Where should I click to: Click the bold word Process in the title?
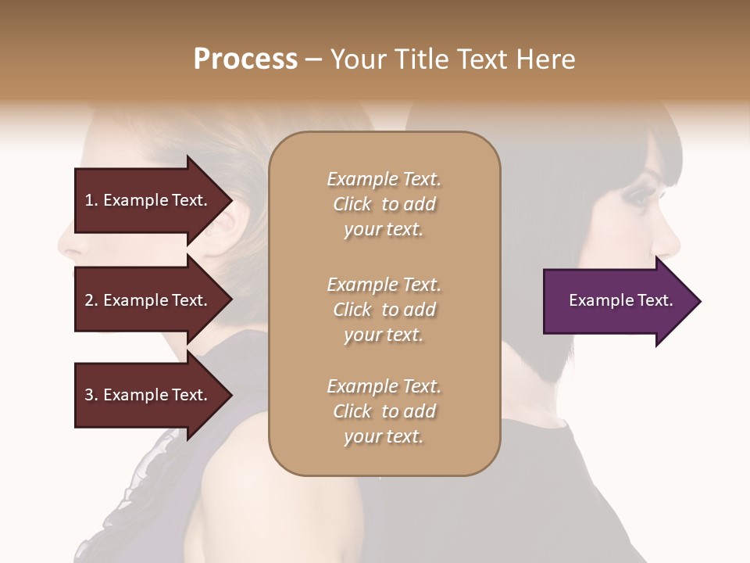tap(245, 59)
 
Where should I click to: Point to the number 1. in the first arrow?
tap(91, 200)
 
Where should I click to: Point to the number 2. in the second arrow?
tap(91, 300)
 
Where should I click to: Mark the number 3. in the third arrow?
tap(91, 395)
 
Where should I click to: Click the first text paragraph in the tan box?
tap(384, 204)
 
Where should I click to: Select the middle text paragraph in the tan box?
tap(384, 310)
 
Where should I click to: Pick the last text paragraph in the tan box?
tap(384, 411)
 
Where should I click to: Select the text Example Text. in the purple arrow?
tap(621, 301)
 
